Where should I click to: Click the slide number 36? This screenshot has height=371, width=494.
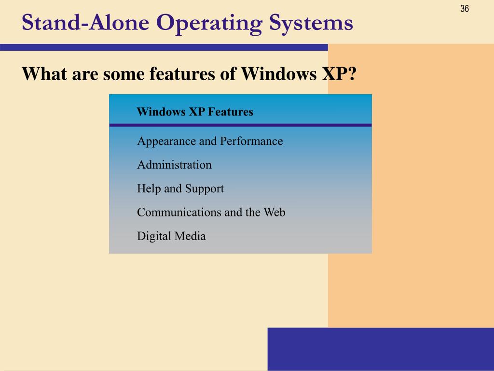[465, 9]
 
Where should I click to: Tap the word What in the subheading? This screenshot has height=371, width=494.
[44, 74]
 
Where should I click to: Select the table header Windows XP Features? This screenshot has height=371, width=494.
[195, 112]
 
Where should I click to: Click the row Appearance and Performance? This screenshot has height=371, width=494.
[210, 141]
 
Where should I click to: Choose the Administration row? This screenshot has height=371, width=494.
[174, 165]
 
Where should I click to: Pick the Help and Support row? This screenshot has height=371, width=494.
[180, 188]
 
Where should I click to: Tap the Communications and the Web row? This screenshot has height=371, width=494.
[211, 212]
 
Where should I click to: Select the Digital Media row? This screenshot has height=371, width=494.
[171, 236]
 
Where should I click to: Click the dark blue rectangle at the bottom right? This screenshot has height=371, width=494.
[380, 349]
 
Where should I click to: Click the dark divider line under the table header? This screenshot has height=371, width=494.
[240, 125]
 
